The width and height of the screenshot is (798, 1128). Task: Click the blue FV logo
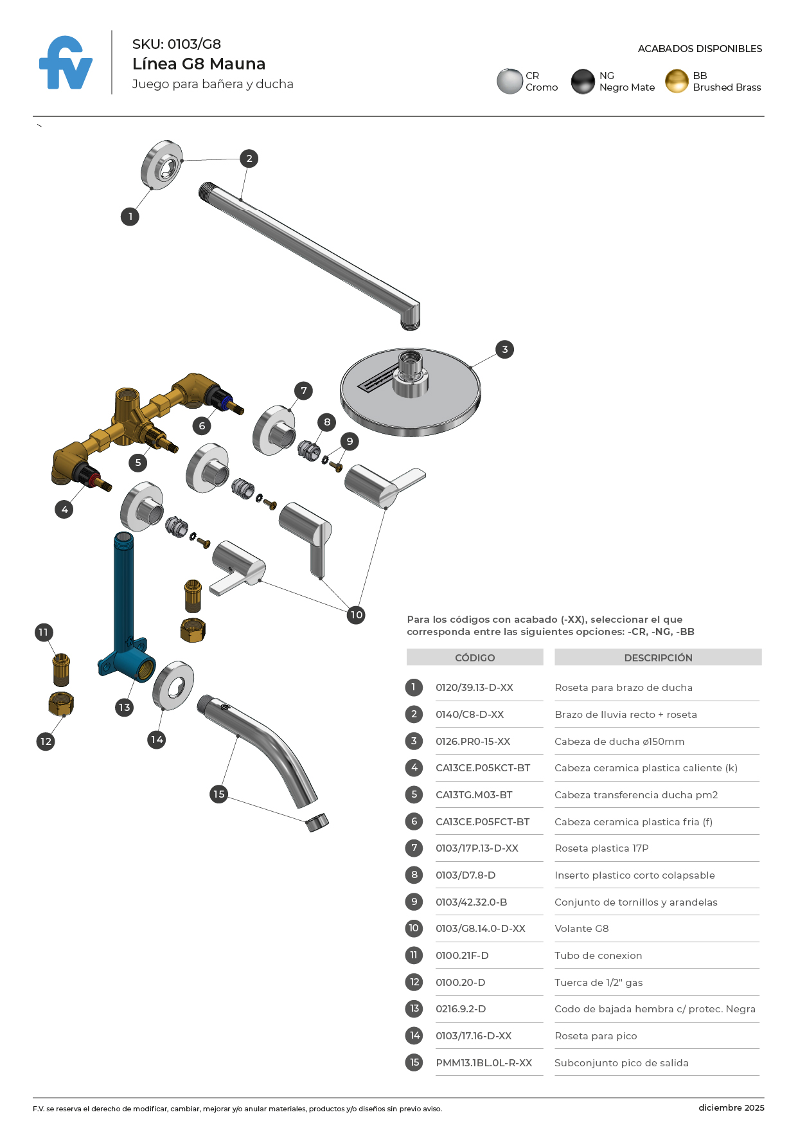[x=66, y=63]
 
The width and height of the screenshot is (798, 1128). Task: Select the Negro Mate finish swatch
[x=583, y=82]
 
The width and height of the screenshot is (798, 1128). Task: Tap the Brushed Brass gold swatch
[x=677, y=82]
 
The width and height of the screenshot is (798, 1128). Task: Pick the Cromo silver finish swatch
[x=510, y=82]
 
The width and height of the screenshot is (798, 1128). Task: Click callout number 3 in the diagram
[x=505, y=350]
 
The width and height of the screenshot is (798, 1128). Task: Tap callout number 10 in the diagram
[x=356, y=615]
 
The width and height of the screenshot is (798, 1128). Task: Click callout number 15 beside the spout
[x=218, y=794]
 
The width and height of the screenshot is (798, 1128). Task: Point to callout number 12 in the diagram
[x=46, y=742]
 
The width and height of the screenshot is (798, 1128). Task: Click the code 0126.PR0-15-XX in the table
[x=473, y=742]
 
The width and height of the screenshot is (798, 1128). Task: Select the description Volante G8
[x=581, y=929]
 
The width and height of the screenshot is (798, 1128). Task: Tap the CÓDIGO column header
[x=475, y=658]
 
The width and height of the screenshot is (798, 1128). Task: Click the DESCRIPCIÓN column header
[x=658, y=658]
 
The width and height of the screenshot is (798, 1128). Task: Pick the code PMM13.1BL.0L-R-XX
[x=484, y=1063]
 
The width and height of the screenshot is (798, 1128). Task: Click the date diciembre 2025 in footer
[x=731, y=1107]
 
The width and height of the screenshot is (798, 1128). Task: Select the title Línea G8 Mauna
[x=199, y=64]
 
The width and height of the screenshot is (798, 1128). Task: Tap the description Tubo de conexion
[x=598, y=956]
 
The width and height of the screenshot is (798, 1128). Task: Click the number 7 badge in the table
[x=414, y=848]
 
